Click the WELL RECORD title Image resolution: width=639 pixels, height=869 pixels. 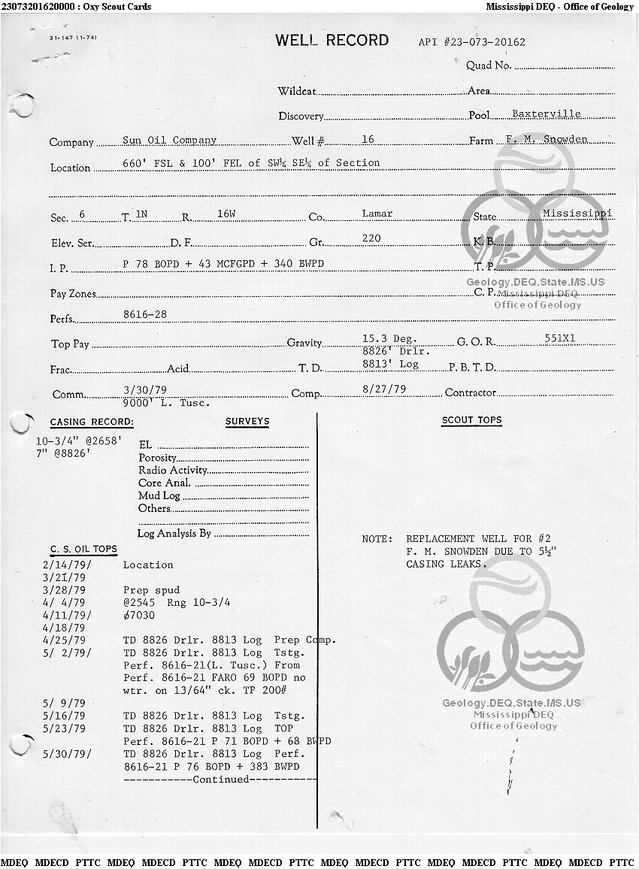332,41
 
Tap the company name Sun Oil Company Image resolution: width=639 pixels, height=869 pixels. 169,140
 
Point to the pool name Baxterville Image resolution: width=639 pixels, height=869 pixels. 546,114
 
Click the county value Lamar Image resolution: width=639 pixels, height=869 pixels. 377,213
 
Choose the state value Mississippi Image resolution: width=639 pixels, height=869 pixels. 577,213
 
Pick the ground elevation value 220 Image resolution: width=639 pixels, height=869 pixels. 371,238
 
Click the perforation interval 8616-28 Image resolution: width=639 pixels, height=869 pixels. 144,314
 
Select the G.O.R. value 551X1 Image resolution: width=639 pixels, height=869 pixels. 559,338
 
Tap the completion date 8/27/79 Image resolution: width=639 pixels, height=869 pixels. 384,389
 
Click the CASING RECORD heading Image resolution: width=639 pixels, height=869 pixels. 92,422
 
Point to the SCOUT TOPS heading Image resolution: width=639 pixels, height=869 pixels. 471,420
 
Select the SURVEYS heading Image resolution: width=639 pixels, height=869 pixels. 247,422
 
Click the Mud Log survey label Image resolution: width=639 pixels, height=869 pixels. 159,496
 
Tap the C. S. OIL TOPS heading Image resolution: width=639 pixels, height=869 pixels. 83,549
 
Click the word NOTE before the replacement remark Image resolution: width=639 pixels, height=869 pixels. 377,539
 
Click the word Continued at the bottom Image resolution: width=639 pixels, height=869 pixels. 220,780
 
